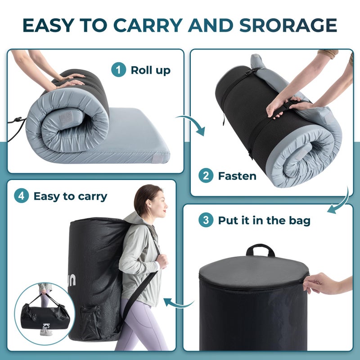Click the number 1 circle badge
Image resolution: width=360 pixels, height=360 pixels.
(118, 70)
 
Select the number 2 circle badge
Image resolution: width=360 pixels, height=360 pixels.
(206, 176)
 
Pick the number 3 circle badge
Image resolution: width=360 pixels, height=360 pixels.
(206, 220)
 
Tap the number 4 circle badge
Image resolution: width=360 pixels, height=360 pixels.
(21, 196)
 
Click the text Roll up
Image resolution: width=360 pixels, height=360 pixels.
(150, 70)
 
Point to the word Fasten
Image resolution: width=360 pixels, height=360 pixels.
(237, 176)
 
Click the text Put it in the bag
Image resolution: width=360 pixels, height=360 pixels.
(264, 220)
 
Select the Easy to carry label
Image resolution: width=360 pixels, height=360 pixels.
(70, 196)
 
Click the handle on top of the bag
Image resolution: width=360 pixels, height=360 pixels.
(260, 249)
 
